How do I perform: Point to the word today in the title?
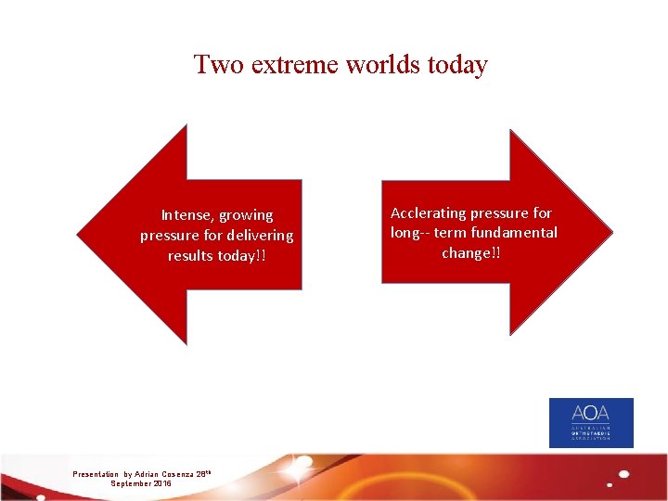(x=456, y=65)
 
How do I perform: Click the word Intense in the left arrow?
(x=187, y=215)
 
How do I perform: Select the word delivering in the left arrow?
(x=259, y=236)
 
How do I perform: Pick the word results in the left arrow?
(x=190, y=256)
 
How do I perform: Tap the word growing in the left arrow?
(x=246, y=216)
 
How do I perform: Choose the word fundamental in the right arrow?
(x=516, y=233)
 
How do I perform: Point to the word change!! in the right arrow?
(x=471, y=252)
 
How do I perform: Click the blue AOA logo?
(x=591, y=423)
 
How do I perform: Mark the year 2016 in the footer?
(x=161, y=483)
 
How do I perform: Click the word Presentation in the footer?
(x=96, y=474)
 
